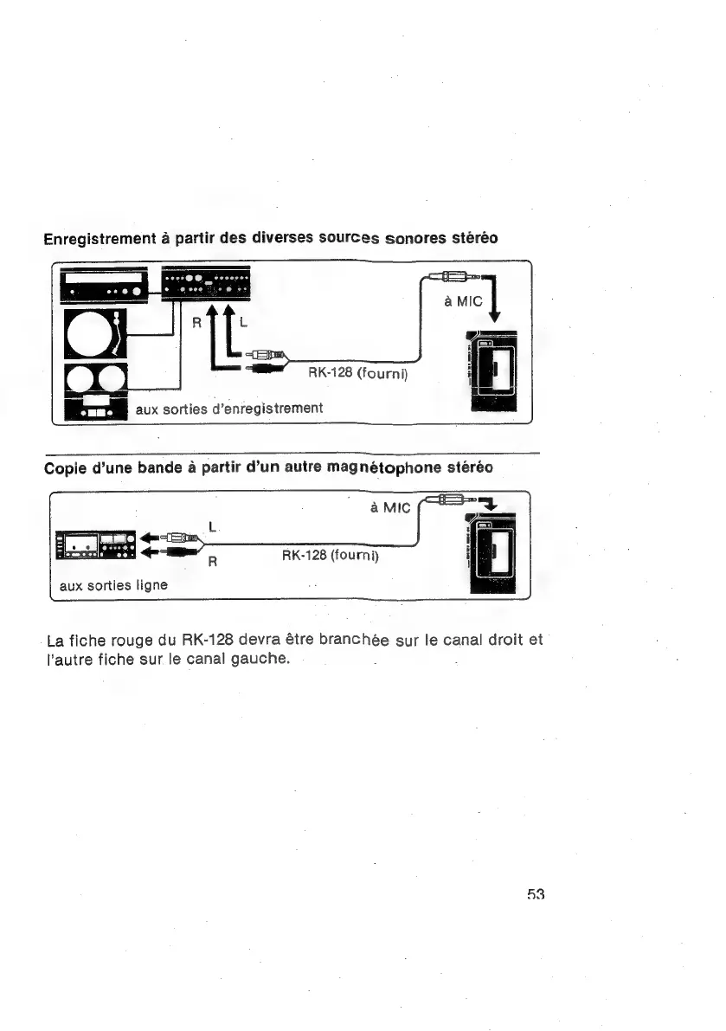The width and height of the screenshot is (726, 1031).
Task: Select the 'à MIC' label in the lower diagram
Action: click(x=389, y=508)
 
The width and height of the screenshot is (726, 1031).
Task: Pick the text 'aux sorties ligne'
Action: click(x=113, y=585)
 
